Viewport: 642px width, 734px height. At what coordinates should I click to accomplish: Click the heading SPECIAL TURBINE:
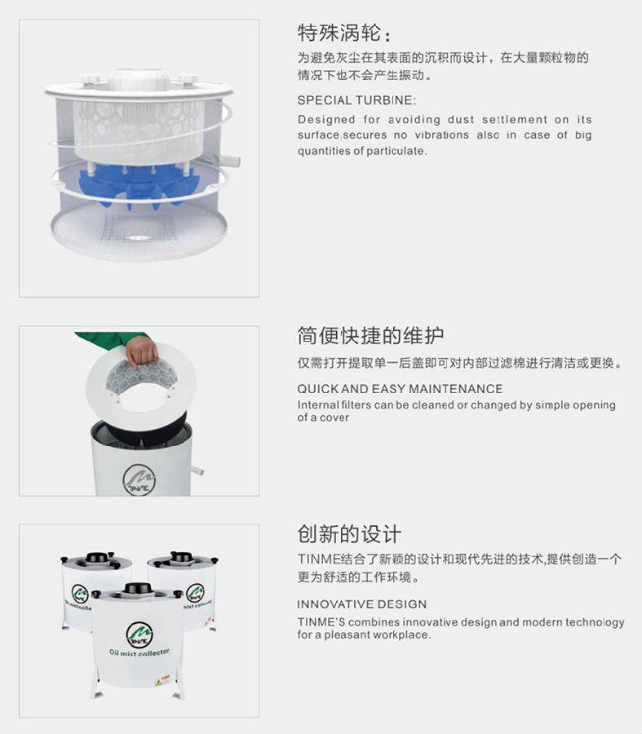pos(356,100)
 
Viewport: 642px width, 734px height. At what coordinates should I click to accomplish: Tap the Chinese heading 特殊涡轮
pos(339,33)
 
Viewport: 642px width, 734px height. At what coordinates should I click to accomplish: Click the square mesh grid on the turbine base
pos(139,227)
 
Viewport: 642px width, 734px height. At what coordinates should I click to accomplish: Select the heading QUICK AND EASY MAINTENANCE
pos(400,388)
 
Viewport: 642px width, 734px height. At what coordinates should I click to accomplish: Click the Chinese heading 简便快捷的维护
pos(370,336)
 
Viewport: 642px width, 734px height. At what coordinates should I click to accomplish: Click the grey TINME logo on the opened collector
pos(139,480)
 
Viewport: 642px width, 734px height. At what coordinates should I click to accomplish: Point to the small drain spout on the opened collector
pos(197,469)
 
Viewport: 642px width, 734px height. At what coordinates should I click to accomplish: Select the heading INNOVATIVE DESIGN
pos(361,604)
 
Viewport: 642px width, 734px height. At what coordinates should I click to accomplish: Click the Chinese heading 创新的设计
pos(349,534)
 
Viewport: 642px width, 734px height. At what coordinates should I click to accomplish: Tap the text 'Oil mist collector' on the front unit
pos(139,652)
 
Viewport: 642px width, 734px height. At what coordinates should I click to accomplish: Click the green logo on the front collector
pos(139,635)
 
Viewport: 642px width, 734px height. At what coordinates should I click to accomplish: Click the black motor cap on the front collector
pos(138,589)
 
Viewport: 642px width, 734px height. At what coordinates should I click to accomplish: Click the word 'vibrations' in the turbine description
pos(441,135)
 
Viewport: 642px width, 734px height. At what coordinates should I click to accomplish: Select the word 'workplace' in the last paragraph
pos(403,635)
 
